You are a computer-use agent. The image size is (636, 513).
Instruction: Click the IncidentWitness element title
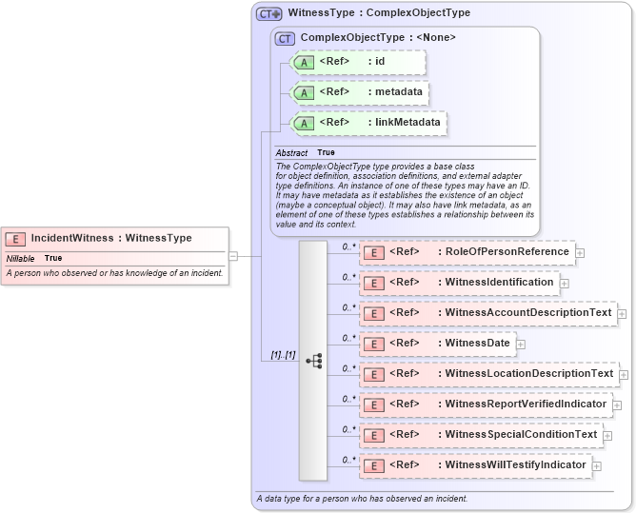pyautogui.click(x=111, y=238)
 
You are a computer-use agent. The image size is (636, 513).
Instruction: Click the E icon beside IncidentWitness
pyautogui.click(x=15, y=239)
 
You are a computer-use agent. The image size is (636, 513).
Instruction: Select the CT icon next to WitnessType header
pyautogui.click(x=269, y=14)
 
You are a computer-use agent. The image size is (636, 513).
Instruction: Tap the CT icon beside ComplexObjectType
pyautogui.click(x=285, y=38)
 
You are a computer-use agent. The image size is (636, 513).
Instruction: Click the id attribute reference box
pyautogui.click(x=358, y=63)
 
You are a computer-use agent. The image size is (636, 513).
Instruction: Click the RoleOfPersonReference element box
pyautogui.click(x=467, y=252)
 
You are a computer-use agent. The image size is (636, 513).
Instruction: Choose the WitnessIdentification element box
pyautogui.click(x=459, y=283)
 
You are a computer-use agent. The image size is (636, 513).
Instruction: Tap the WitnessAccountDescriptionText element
pyautogui.click(x=487, y=313)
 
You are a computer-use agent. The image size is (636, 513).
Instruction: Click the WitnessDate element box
pyautogui.click(x=437, y=344)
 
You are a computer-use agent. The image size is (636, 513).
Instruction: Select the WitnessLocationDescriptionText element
pyautogui.click(x=488, y=374)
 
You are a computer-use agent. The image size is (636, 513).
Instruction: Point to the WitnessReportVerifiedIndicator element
pyautogui.click(x=485, y=404)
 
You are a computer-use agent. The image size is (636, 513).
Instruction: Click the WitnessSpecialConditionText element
pyautogui.click(x=481, y=435)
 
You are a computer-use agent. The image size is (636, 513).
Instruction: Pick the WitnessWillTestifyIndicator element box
pyautogui.click(x=476, y=465)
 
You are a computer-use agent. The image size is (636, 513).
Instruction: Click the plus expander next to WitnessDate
pyautogui.click(x=521, y=344)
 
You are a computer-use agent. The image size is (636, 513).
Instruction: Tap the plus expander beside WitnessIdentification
pyautogui.click(x=565, y=283)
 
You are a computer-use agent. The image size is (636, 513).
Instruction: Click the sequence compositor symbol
pyautogui.click(x=313, y=361)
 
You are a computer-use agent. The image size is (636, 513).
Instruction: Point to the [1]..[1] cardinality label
pyautogui.click(x=283, y=355)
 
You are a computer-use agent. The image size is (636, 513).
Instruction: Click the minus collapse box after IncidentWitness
pyautogui.click(x=233, y=255)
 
